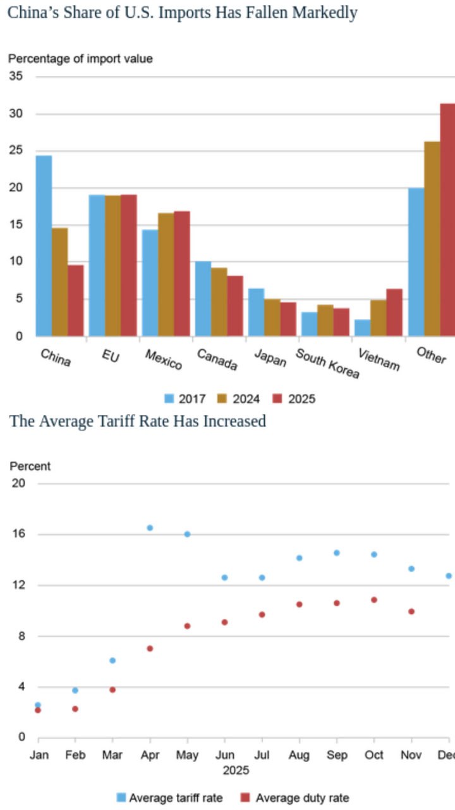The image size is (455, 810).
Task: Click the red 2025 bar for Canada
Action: point(235,306)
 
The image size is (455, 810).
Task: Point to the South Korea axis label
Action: point(327,363)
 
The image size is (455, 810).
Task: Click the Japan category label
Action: point(270,358)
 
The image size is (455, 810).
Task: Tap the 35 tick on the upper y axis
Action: point(16,77)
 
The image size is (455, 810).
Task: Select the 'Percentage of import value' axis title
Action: point(80,59)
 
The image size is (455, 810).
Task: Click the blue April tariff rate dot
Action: point(150,528)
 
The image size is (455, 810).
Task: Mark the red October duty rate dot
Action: point(374,599)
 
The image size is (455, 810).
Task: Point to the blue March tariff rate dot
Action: point(112,660)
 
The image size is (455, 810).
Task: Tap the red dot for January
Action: point(38,710)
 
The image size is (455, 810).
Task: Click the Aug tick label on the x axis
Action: point(299,755)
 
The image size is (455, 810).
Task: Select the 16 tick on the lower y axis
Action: point(18,534)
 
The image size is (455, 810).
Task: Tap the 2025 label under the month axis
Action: point(236,770)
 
